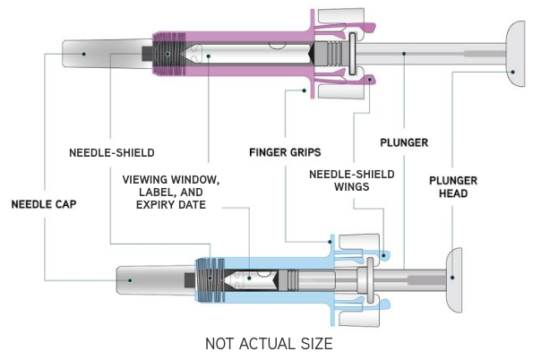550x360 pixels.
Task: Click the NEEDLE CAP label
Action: click(44, 204)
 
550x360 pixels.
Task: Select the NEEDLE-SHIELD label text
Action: click(112, 152)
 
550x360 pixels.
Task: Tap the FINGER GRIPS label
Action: click(285, 152)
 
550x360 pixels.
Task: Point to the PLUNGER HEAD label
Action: click(452, 186)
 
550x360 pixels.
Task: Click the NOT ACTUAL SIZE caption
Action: click(269, 344)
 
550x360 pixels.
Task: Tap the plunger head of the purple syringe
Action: click(517, 54)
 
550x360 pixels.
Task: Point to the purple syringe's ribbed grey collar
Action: click(165, 54)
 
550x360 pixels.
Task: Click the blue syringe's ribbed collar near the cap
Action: click(209, 279)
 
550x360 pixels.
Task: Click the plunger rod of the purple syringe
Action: click(430, 54)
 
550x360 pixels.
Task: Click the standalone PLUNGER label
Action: click(404, 142)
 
